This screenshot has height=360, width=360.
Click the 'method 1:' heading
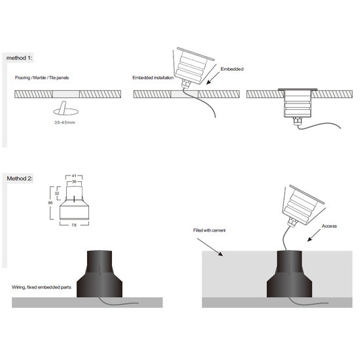coord(20,58)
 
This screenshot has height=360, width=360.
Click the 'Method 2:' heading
coord(20,179)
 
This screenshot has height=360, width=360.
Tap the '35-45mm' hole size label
coord(65,122)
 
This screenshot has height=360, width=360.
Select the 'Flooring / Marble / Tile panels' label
coord(42,78)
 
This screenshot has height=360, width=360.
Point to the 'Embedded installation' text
coord(153,78)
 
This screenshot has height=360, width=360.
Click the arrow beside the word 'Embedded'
coord(213,78)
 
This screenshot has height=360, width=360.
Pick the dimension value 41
coord(74,176)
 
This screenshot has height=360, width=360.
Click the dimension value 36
coord(74,181)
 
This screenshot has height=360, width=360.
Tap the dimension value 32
coord(57,193)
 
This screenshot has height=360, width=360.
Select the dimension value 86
coord(50,203)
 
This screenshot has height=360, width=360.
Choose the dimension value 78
coord(74,225)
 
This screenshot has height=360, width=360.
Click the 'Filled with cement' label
coord(209,230)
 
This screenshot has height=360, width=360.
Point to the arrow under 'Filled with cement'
coord(210,247)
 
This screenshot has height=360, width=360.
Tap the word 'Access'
coord(329,226)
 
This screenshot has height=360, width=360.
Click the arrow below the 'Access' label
coord(314,235)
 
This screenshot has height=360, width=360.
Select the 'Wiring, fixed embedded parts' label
coord(41,287)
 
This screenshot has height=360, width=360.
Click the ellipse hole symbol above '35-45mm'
coord(66,112)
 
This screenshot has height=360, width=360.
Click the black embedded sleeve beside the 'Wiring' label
coord(99,274)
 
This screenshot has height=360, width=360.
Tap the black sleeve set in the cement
coord(289,274)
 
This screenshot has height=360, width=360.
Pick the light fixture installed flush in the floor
coord(298,103)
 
